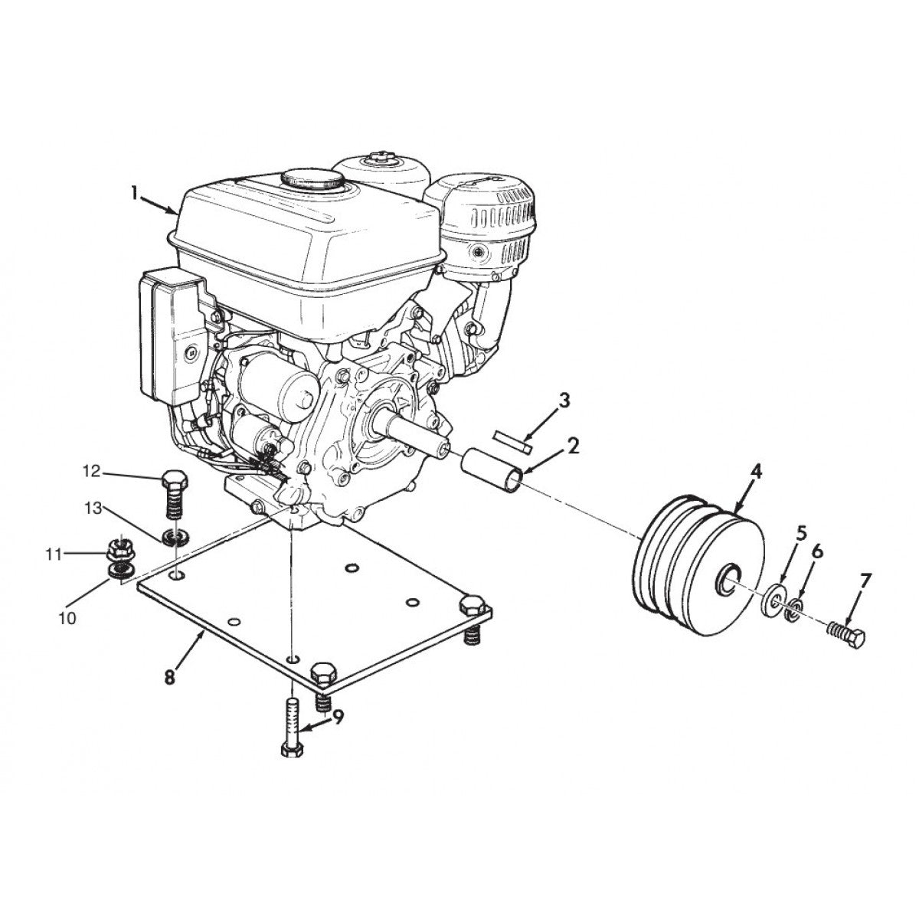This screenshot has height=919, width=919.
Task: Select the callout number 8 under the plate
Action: pos(169,678)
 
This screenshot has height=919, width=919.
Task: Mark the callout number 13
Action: pos(93,508)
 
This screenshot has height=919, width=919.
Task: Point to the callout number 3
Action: pos(564,400)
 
